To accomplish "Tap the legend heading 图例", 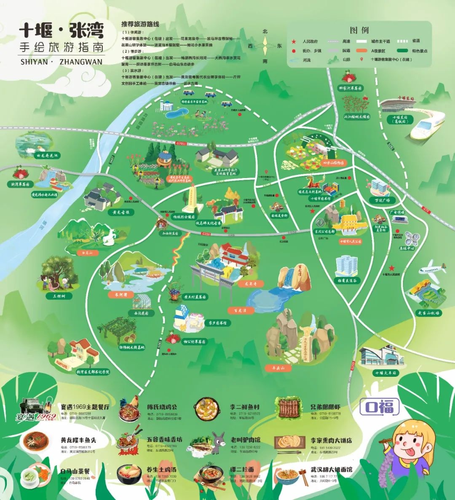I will pyautogui.click(x=359, y=30).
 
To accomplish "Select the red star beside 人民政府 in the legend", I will pyautogui.click(x=294, y=41).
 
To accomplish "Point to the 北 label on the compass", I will pyautogui.click(x=265, y=31).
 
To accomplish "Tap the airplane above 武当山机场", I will pyautogui.click(x=432, y=268).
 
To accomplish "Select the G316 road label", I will pyautogui.click(x=206, y=233).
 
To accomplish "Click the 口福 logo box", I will pyautogui.click(x=379, y=407).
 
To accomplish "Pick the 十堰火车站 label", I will pyautogui.click(x=385, y=373).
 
